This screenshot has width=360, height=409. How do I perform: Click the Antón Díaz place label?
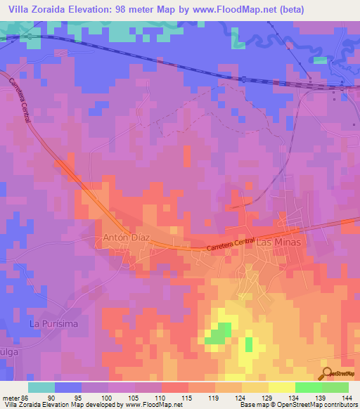(125, 239)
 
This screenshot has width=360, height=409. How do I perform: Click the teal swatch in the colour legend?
(41, 387)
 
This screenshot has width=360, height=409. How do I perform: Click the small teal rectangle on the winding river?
(320, 60)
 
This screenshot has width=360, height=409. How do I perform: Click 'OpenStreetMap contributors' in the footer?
(316, 405)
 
